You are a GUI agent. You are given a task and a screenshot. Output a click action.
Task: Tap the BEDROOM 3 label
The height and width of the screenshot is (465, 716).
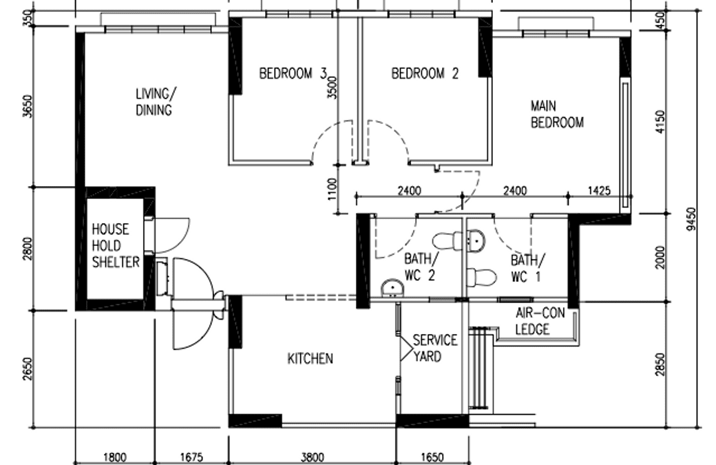(x=292, y=74)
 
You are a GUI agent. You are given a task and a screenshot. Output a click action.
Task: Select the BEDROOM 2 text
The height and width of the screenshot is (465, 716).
(x=425, y=74)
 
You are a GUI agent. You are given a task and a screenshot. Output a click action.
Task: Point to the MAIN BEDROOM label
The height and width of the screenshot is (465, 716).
(x=556, y=114)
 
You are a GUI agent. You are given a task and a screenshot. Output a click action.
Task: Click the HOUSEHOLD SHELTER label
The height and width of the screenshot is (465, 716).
(x=115, y=246)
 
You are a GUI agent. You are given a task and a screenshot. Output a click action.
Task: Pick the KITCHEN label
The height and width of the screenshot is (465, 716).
(x=310, y=358)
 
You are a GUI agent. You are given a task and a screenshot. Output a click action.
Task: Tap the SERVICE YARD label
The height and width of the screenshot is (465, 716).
(x=434, y=348)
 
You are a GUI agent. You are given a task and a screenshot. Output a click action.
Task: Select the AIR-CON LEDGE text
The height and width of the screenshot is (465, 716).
(x=539, y=322)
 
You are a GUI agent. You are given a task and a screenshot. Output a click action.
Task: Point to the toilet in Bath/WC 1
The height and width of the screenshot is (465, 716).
(x=481, y=277)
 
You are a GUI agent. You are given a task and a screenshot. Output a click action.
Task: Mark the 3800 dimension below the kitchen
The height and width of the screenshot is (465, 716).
(x=312, y=456)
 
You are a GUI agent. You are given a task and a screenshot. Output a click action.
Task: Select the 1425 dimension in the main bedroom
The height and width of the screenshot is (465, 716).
(x=599, y=191)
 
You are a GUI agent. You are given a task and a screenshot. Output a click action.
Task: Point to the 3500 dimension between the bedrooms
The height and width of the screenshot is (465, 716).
(x=333, y=87)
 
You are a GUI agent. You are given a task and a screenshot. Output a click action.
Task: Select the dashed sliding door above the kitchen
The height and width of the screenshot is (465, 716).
(x=320, y=298)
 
